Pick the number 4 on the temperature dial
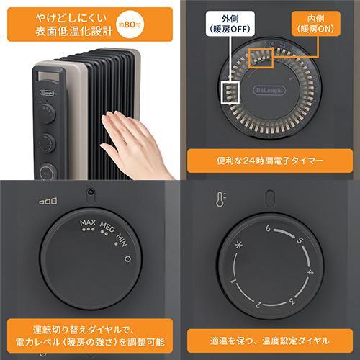[x=310, y=274]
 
